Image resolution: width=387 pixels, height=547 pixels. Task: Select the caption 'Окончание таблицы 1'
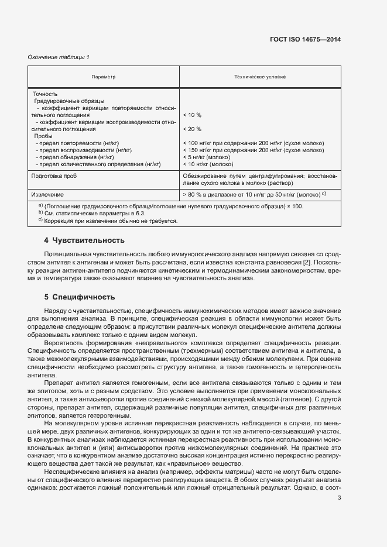pyautogui.click(x=59, y=57)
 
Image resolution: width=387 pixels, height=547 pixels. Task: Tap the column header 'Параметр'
pyautogui.click(x=104, y=77)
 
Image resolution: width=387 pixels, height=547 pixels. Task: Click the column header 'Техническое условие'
pyautogui.click(x=261, y=77)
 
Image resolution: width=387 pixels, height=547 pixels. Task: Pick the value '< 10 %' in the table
pyautogui.click(x=192, y=115)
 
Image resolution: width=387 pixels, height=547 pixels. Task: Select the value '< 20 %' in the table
pyautogui.click(x=192, y=129)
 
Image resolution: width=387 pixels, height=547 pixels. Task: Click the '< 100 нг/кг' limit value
pyautogui.click(x=201, y=143)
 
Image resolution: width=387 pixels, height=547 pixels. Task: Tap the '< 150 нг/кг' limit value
pyautogui.click(x=201, y=150)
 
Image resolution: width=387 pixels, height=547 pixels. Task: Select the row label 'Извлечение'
pyautogui.click(x=48, y=194)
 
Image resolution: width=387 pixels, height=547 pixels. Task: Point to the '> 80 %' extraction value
pyautogui.click(x=193, y=194)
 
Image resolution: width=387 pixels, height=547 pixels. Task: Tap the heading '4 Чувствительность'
pyautogui.click(x=84, y=240)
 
